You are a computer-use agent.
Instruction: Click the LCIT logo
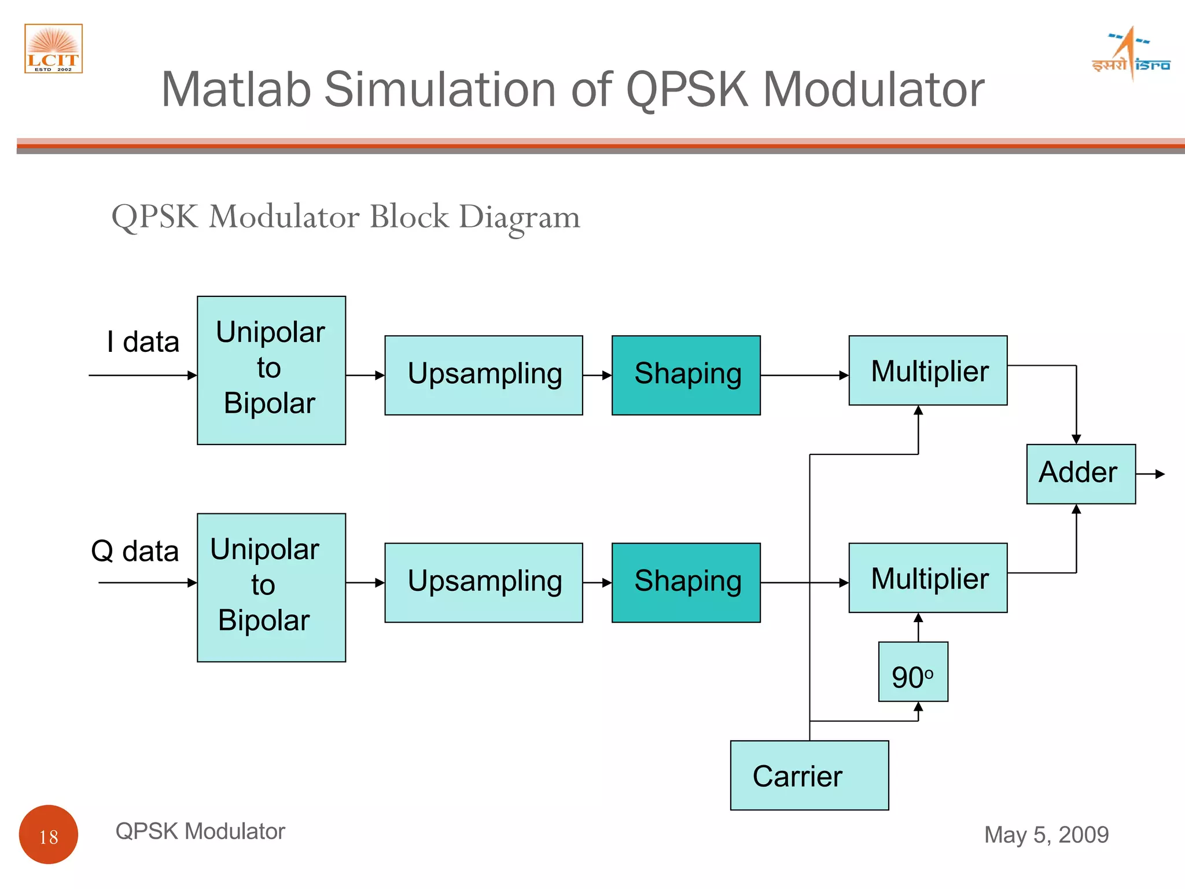pos(53,49)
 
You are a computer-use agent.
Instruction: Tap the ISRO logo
pos(1131,54)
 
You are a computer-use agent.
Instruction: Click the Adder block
pos(1080,473)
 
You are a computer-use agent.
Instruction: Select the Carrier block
pos(809,775)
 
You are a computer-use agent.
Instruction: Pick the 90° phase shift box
pos(912,671)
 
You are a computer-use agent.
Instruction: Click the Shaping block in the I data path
pos(686,375)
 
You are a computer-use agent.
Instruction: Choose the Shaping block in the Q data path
pos(686,582)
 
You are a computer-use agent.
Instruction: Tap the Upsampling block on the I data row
pos(484,375)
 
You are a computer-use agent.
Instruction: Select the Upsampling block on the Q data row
pos(484,582)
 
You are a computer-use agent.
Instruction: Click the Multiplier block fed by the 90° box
pos(928,578)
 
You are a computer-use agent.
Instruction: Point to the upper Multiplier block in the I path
pos(928,370)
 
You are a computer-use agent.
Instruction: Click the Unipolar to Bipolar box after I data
pos(271,370)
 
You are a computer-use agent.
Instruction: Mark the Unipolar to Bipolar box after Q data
pos(271,587)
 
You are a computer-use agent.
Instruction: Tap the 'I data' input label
pos(143,341)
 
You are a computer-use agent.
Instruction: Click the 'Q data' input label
pos(135,550)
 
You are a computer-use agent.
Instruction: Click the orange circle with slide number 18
pos(49,834)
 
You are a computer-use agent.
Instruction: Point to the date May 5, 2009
pos(1046,835)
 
